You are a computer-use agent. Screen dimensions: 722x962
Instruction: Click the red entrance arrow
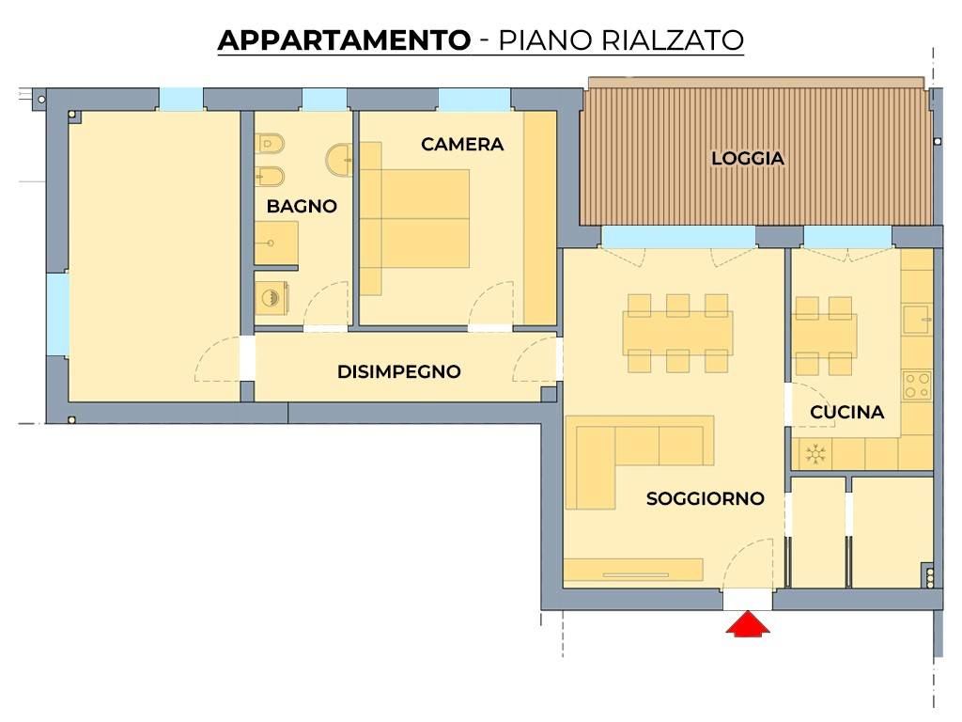pyautogui.click(x=748, y=625)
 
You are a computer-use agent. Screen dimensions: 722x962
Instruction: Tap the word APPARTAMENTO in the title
pyautogui.click(x=343, y=40)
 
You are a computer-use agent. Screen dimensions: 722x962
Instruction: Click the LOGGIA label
pyautogui.click(x=747, y=159)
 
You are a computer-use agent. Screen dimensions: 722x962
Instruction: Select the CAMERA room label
pyautogui.click(x=462, y=145)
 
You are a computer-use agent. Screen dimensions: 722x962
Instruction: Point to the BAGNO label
pyautogui.click(x=302, y=207)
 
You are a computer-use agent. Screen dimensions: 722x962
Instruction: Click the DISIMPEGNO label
pyautogui.click(x=398, y=372)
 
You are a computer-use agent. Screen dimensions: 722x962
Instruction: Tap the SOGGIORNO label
pyautogui.click(x=705, y=499)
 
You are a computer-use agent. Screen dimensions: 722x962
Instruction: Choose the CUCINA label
pyautogui.click(x=846, y=413)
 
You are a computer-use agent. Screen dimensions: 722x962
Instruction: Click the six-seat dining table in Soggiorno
pyautogui.click(x=677, y=333)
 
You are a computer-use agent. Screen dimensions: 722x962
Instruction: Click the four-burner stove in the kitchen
pyautogui.click(x=916, y=385)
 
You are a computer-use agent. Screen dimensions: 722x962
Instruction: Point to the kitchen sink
pyautogui.click(x=916, y=321)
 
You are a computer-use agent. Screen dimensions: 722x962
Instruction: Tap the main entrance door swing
pyautogui.click(x=751, y=564)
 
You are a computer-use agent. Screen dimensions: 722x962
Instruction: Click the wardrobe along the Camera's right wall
pyautogui.click(x=539, y=218)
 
